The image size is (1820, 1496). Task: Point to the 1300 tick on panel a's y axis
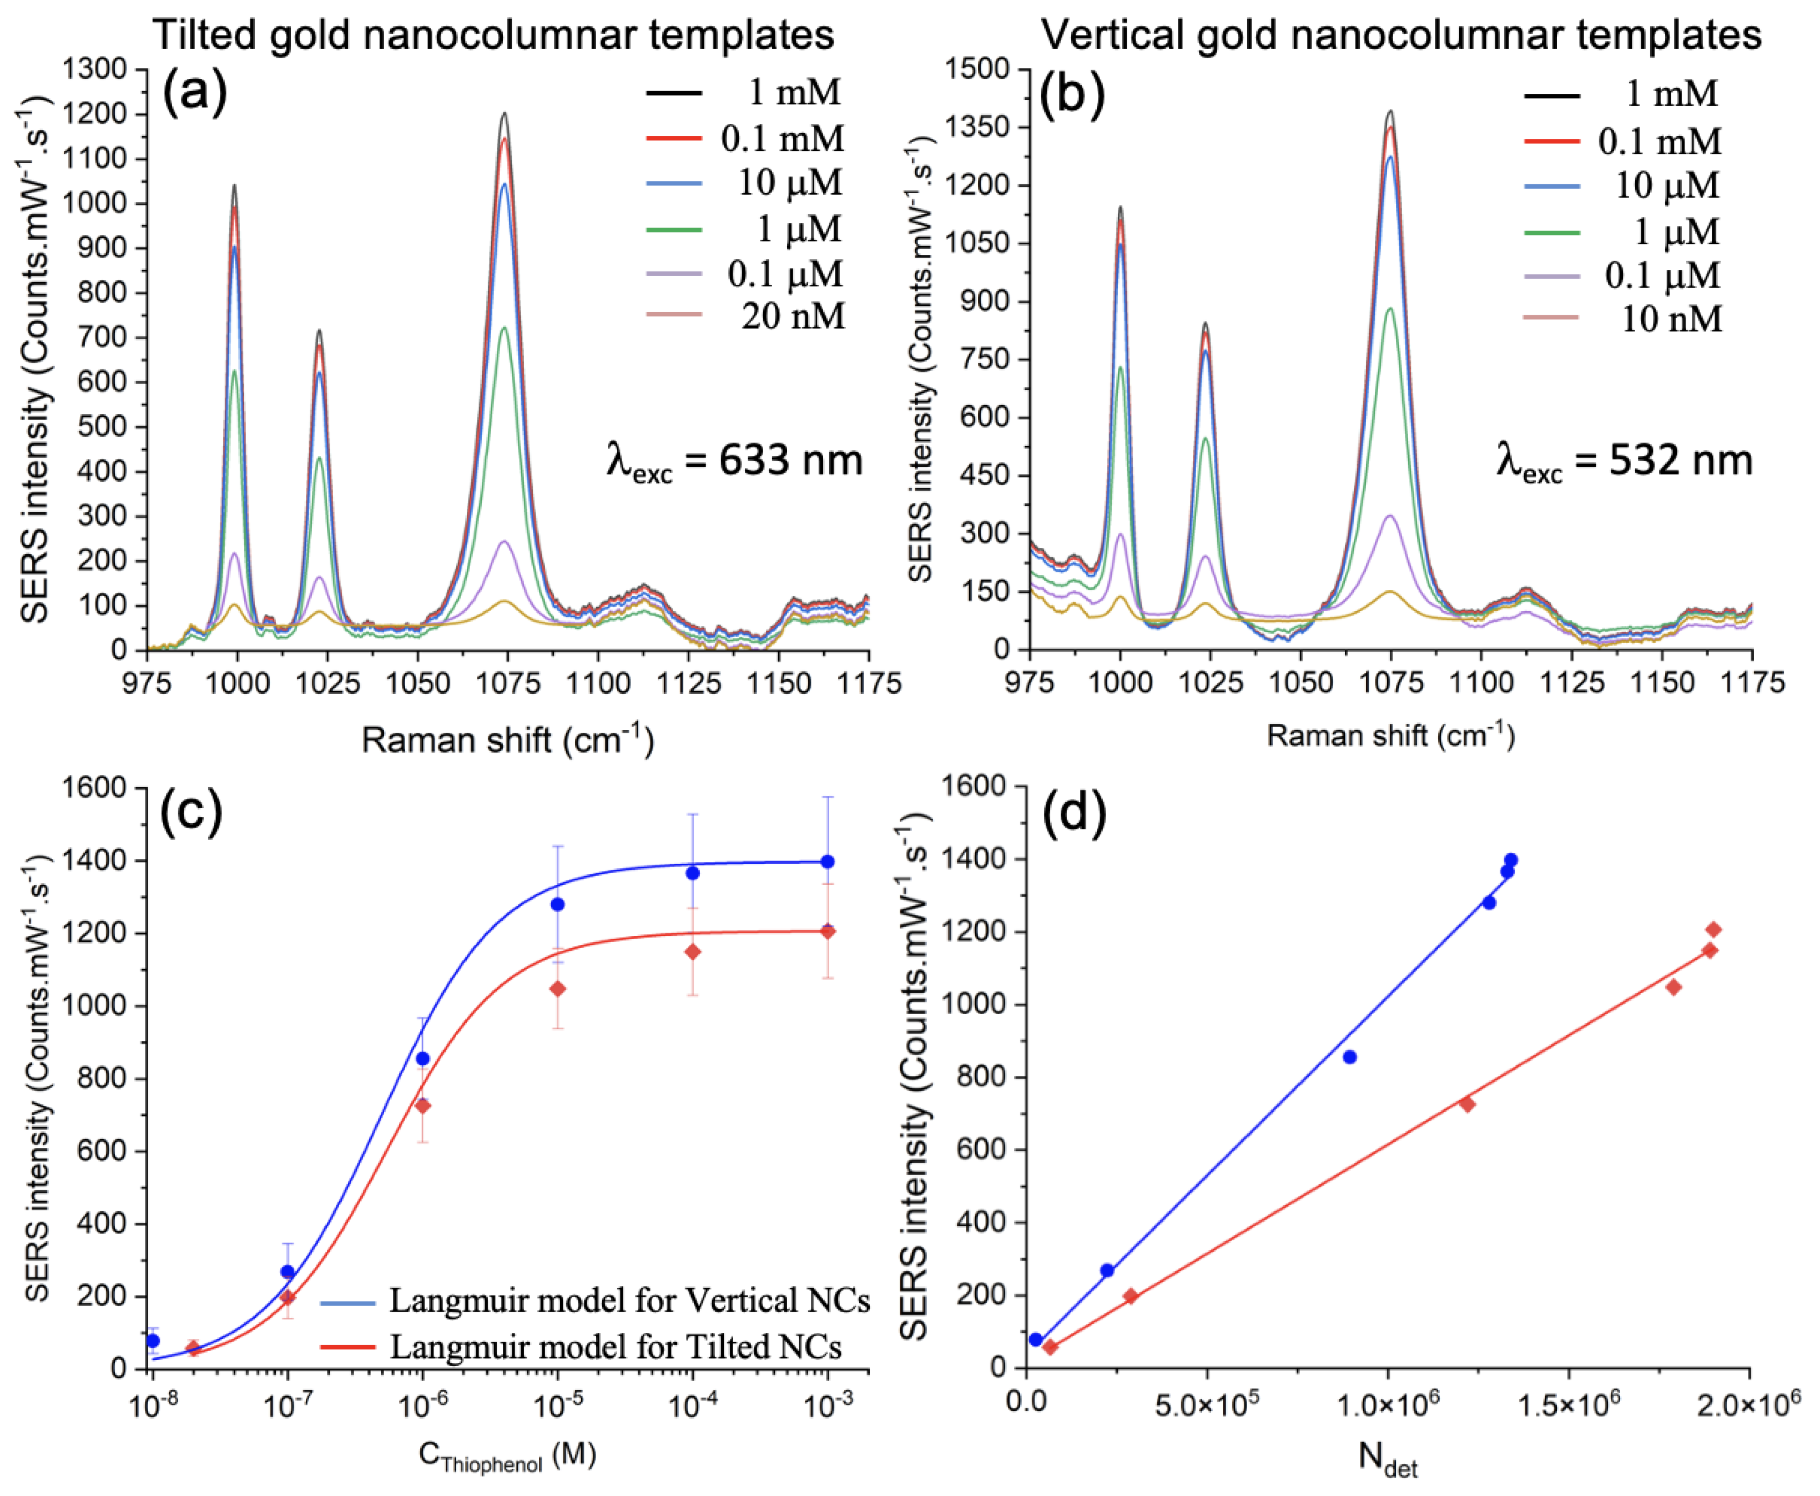[94, 69]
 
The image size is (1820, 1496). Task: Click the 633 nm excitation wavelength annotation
[734, 461]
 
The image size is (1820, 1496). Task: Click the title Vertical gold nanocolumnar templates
[1401, 34]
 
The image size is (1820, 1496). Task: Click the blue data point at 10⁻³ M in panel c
[827, 861]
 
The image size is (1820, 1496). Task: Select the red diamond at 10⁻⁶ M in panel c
[422, 1106]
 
